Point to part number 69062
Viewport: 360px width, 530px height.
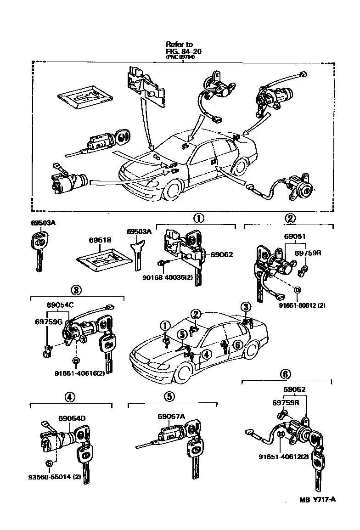pos(222,254)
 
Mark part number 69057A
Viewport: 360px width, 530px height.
pos(171,417)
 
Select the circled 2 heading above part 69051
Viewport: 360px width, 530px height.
pos(291,218)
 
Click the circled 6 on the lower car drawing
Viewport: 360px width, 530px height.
pos(237,344)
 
